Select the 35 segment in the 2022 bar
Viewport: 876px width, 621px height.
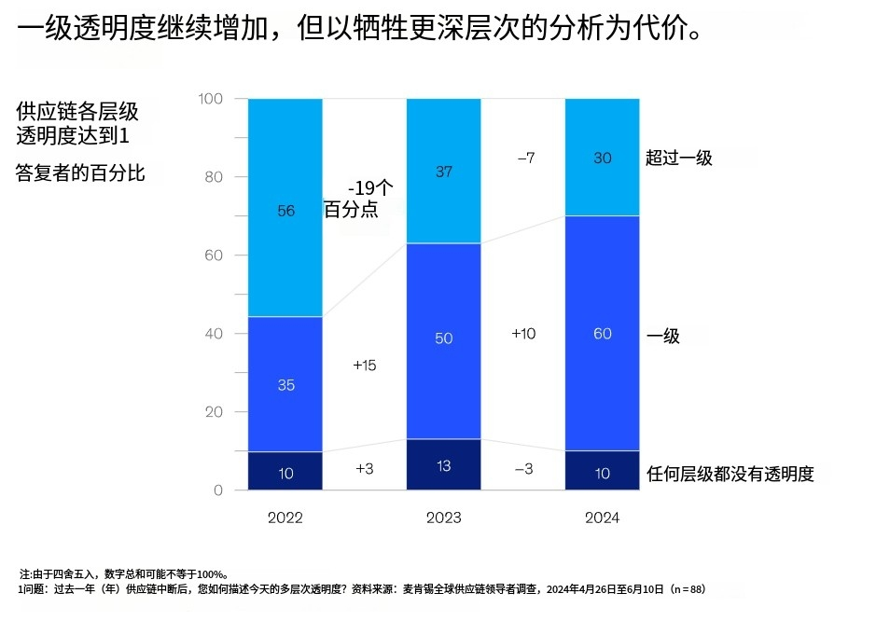(x=285, y=384)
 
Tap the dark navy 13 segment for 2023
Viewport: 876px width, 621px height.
(x=443, y=464)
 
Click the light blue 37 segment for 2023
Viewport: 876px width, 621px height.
(x=443, y=171)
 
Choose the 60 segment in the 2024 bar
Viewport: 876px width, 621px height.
(x=602, y=333)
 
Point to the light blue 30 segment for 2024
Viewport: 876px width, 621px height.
(x=602, y=158)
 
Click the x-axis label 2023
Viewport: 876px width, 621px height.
(x=443, y=517)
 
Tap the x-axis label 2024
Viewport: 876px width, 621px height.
(x=602, y=517)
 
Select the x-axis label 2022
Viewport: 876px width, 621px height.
(x=285, y=517)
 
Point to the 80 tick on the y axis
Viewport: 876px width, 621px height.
(x=212, y=176)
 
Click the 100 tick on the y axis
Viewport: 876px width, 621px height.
(x=210, y=98)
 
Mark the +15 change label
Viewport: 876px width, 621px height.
(x=365, y=366)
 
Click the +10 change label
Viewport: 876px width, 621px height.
(x=523, y=333)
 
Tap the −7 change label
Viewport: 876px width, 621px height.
(x=525, y=158)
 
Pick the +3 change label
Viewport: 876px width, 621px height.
(x=365, y=469)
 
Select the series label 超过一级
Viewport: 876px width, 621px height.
(x=679, y=158)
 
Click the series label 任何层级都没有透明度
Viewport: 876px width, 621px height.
(x=730, y=474)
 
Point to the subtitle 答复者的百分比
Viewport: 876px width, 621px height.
(x=80, y=172)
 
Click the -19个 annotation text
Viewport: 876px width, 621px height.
(x=370, y=186)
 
